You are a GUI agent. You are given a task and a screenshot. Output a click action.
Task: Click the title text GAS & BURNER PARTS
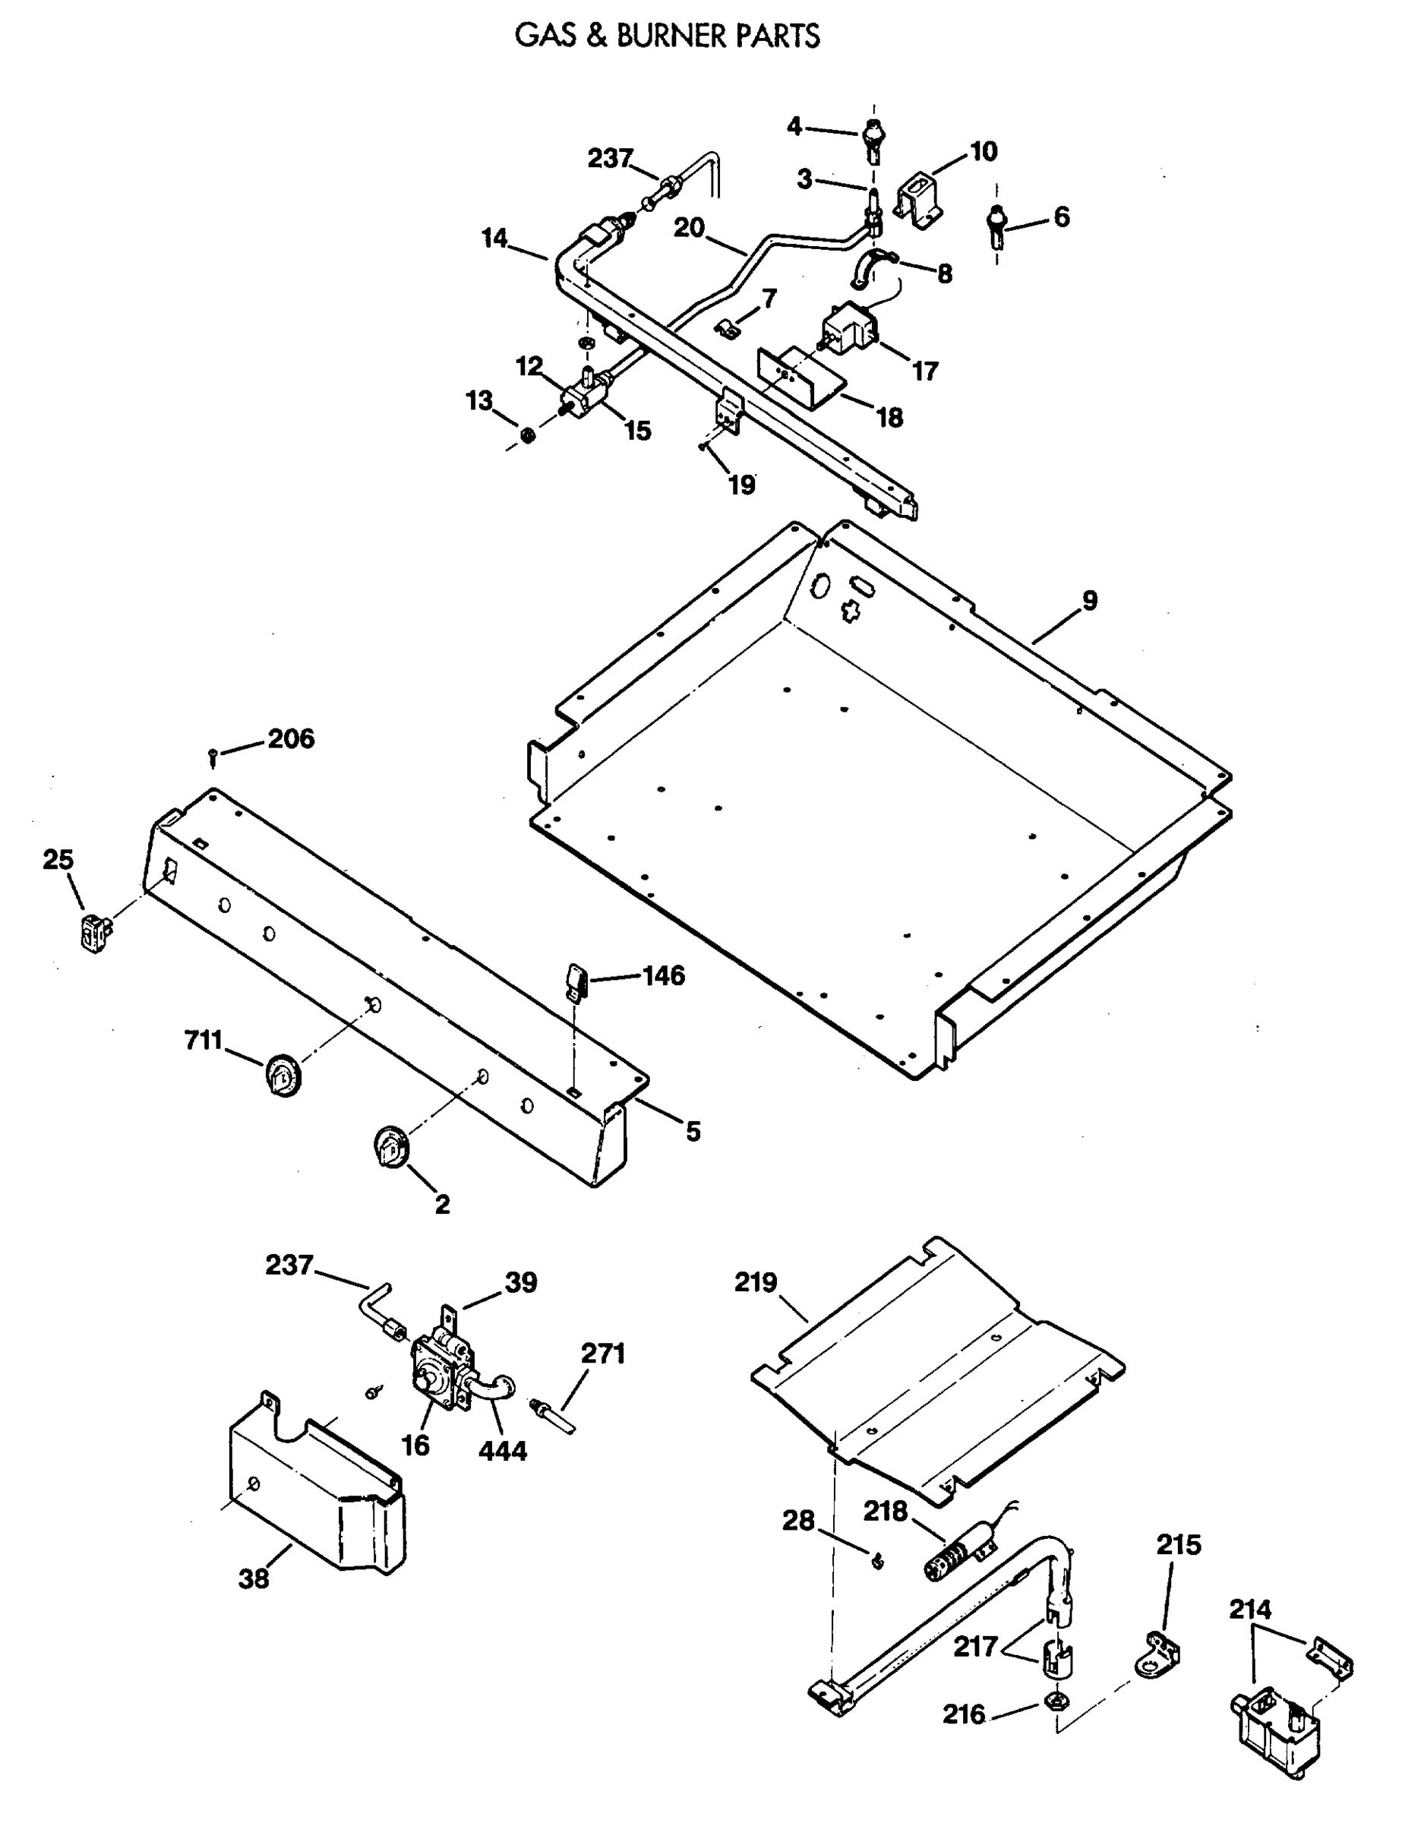[x=667, y=36]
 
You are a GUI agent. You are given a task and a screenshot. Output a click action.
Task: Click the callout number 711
[x=204, y=1040]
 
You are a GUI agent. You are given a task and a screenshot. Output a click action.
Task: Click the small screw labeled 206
[x=213, y=758]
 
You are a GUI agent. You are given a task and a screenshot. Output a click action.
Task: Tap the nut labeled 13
[x=527, y=435]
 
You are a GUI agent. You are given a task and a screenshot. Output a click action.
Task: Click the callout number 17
[x=924, y=371]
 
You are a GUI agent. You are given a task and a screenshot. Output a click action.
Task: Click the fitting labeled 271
[x=554, y=1417]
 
